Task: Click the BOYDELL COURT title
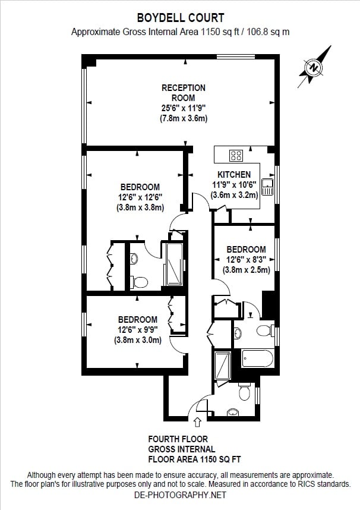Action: pos(180,18)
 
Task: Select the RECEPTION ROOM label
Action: pos(184,93)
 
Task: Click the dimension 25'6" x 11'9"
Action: pos(184,108)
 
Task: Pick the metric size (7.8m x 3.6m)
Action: pos(184,118)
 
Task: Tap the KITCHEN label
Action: pos(233,175)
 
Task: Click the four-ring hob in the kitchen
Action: pos(236,156)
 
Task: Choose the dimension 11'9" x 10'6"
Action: pos(236,185)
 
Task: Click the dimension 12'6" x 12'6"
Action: pos(140,197)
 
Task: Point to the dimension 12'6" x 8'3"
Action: pos(246,260)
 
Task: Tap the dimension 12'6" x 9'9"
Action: pos(137,330)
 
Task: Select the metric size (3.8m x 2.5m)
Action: pos(246,270)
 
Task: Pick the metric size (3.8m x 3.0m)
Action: pos(137,341)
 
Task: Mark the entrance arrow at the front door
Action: pos(197,422)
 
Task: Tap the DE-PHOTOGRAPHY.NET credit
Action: pos(180,495)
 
